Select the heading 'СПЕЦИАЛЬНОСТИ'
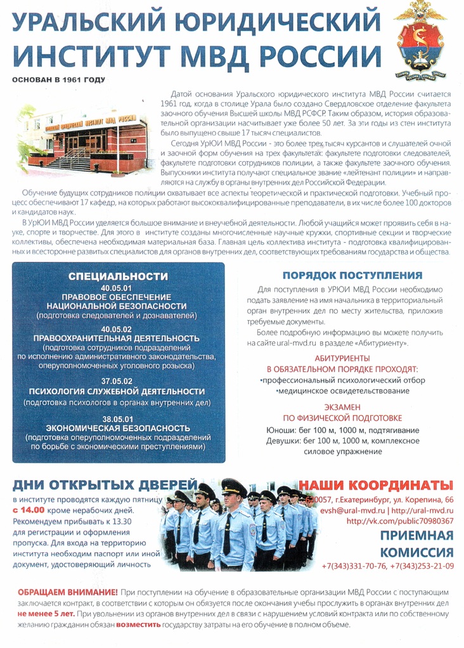[118, 276]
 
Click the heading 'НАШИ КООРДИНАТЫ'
[377, 485]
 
